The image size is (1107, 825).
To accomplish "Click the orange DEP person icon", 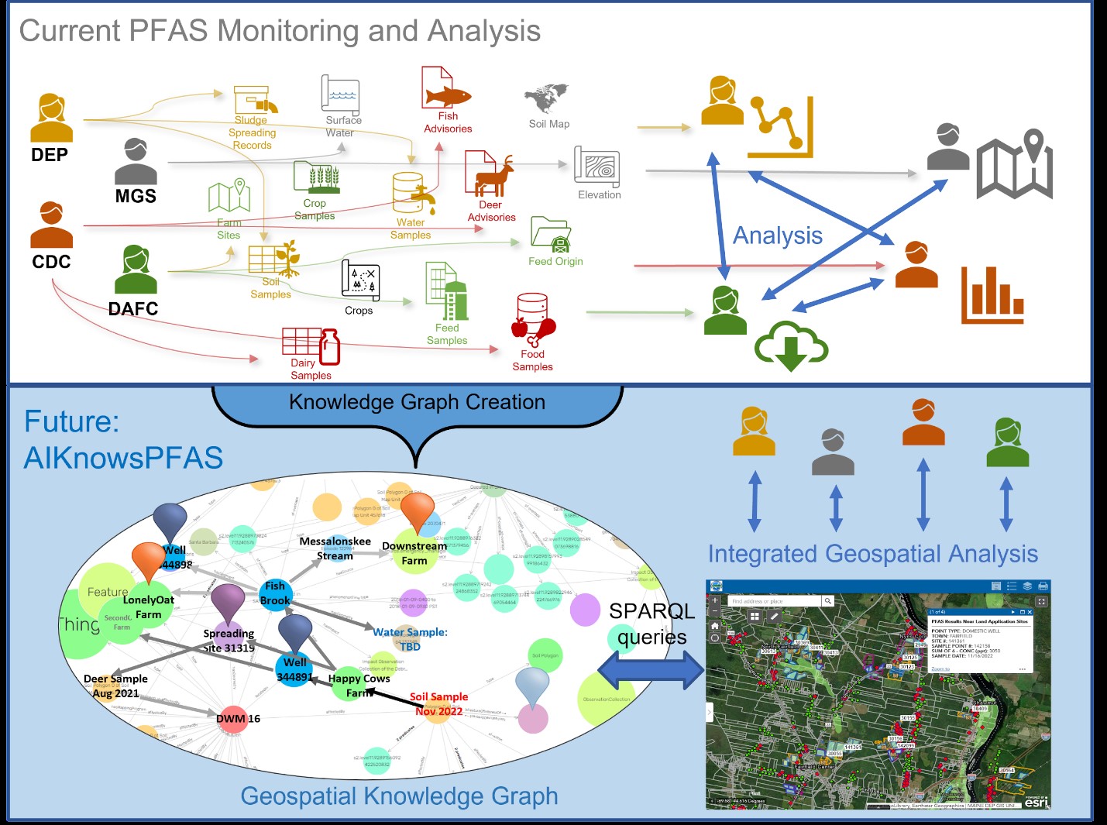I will [51, 117].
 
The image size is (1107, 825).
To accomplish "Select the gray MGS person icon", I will [136, 161].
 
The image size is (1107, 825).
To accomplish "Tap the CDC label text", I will [51, 262].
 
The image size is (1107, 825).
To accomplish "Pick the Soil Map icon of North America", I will [547, 98].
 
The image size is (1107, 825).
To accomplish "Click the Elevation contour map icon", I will [596, 167].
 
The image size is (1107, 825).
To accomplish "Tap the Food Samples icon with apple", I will [533, 319].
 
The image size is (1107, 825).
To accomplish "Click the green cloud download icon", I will [791, 346].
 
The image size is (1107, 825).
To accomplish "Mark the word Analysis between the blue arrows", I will [778, 235].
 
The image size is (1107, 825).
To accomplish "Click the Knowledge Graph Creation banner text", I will [417, 402].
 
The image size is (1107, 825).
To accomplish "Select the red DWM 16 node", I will [232, 719].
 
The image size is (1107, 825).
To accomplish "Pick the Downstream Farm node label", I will [414, 552].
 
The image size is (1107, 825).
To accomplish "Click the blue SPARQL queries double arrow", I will [651, 670].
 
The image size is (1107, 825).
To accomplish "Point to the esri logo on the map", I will [1036, 803].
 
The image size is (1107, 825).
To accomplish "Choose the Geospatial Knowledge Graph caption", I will [399, 796].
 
